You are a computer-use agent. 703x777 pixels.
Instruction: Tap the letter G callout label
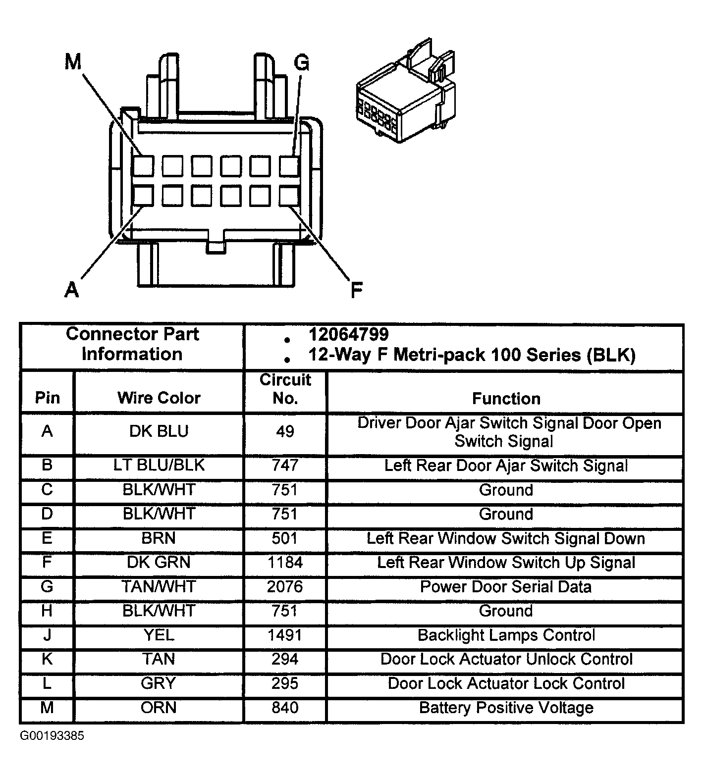[x=301, y=63]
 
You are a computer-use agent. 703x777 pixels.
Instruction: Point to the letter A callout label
[x=72, y=289]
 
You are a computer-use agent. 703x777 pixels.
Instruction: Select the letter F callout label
[x=356, y=290]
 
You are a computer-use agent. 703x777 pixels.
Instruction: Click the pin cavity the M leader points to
[x=143, y=166]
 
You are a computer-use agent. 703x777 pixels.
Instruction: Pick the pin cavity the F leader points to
[x=289, y=196]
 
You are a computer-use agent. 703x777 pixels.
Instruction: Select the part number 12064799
[x=348, y=334]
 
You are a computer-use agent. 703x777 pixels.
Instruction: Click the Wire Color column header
[x=159, y=398]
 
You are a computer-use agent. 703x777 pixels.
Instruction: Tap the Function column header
[x=506, y=398]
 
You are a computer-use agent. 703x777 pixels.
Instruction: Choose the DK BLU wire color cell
[x=159, y=431]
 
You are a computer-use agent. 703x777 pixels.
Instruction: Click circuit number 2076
[x=284, y=587]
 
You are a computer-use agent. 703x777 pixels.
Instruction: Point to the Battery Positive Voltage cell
[x=506, y=708]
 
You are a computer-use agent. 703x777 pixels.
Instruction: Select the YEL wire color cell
[x=159, y=635]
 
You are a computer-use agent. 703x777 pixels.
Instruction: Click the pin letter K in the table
[x=47, y=659]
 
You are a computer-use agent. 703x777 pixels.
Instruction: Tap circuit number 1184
[x=284, y=563]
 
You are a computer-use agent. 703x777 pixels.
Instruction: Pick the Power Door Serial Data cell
[x=506, y=587]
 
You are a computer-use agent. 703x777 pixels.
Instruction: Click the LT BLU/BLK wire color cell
[x=159, y=466]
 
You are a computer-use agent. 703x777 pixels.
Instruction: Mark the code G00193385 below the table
[x=52, y=736]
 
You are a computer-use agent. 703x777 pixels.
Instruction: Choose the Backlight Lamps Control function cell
[x=506, y=635]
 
